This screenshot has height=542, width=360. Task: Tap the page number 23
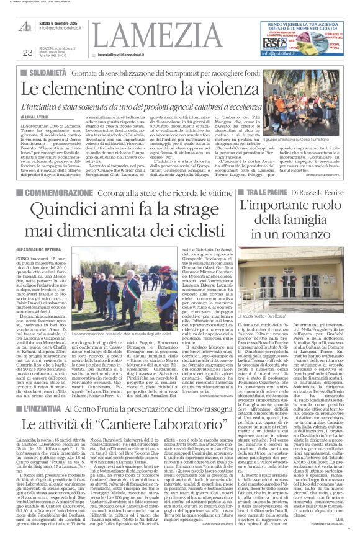(x=27, y=53)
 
